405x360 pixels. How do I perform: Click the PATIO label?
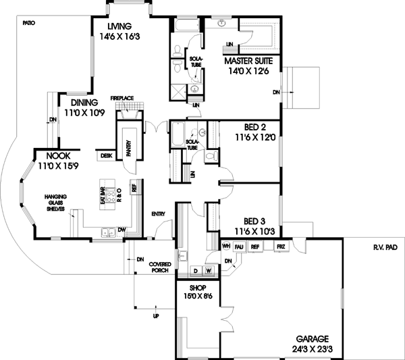pos(28,23)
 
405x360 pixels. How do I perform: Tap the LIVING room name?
pos(118,26)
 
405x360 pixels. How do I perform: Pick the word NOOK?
pos(49,155)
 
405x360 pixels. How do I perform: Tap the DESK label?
pos(106,155)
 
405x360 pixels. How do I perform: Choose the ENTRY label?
pos(159,214)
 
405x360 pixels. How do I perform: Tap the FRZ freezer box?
pos(282,247)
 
